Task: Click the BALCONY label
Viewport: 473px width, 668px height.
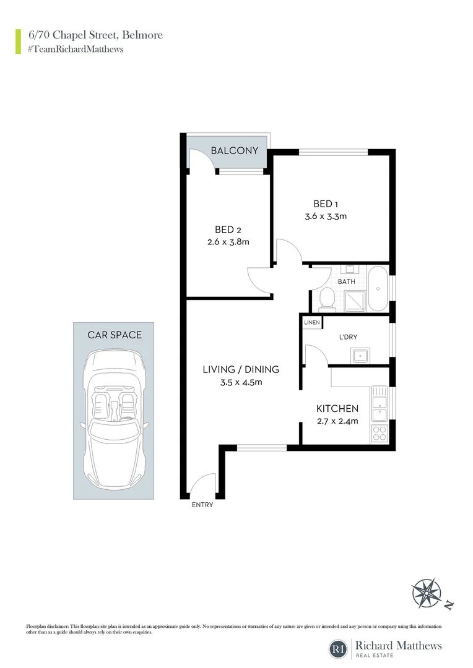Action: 229,150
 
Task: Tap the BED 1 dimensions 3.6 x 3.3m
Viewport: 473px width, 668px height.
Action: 325,216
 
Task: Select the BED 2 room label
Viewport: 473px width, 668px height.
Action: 228,229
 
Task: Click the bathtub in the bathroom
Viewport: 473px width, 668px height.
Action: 377,289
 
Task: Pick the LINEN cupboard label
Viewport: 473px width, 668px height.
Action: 311,323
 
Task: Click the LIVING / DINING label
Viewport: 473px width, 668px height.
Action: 241,369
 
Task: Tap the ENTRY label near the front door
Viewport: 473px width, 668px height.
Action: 202,505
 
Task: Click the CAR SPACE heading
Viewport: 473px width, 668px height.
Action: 114,335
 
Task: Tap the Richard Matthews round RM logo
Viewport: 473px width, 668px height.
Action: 338,649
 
